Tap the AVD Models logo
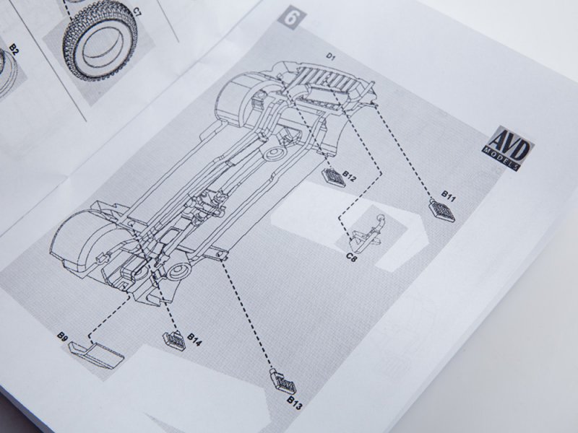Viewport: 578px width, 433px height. [x=508, y=147]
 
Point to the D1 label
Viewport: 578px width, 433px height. [x=330, y=56]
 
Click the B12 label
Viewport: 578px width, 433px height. [x=350, y=176]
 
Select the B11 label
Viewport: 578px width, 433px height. [x=448, y=196]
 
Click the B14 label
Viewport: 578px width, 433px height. [x=194, y=339]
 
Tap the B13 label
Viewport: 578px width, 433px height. [x=295, y=403]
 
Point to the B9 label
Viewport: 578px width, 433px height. [x=62, y=336]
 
